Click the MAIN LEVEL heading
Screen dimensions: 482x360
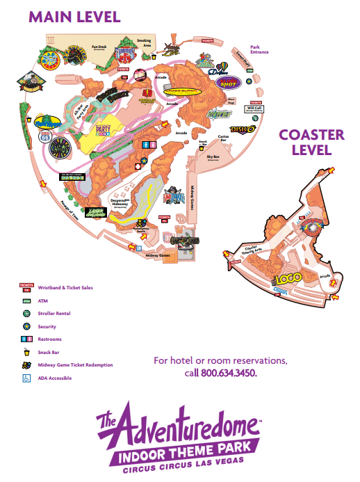coord(74,16)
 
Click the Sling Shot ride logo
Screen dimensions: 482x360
coord(230,82)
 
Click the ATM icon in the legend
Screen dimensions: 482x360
coord(26,300)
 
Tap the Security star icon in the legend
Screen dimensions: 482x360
coord(26,326)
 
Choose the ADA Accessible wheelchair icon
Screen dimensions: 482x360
coord(26,378)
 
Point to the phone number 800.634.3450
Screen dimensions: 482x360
coord(228,373)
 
